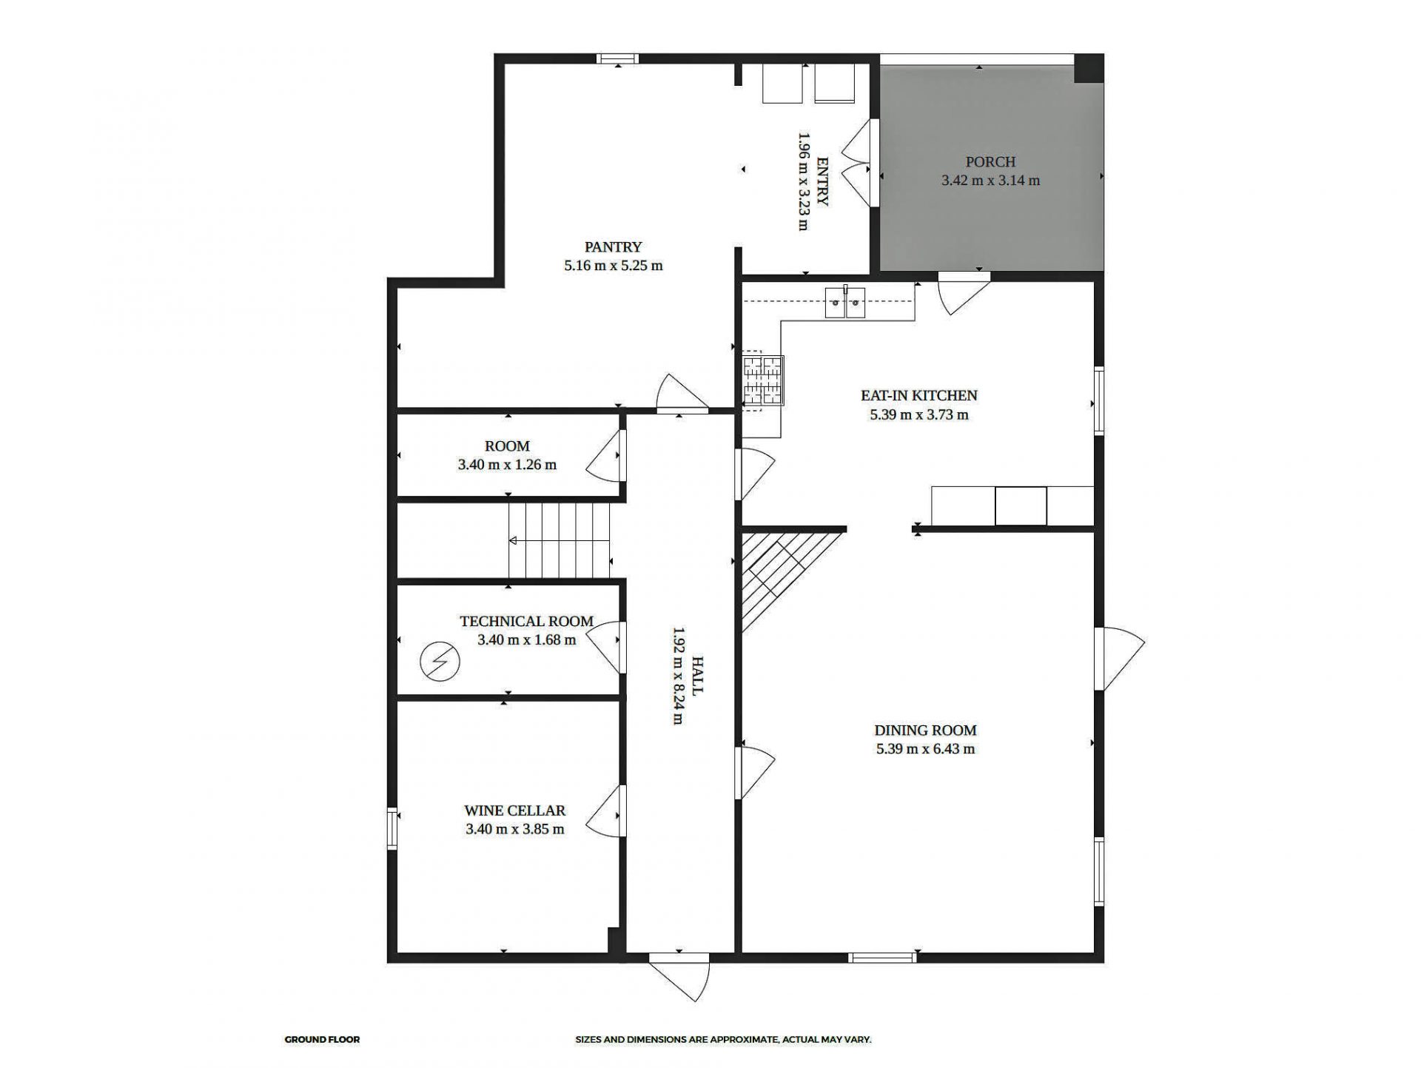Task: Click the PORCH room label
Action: tap(990, 161)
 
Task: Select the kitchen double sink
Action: tap(845, 303)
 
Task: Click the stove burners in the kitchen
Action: tap(762, 381)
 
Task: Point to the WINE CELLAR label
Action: tap(514, 810)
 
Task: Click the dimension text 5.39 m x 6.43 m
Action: tap(925, 749)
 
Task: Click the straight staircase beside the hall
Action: tap(559, 540)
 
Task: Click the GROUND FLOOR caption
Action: tap(322, 1040)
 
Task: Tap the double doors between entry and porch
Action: tap(859, 163)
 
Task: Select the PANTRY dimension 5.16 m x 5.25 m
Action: tap(613, 266)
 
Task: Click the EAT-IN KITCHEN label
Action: tap(918, 395)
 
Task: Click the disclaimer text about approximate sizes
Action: tap(723, 1040)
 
